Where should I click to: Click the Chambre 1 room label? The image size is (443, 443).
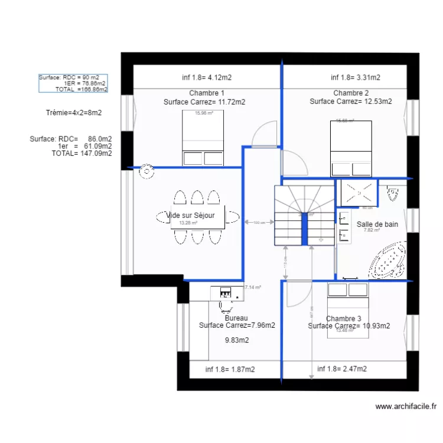(x=206, y=93)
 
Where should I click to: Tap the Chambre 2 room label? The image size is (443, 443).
(x=351, y=93)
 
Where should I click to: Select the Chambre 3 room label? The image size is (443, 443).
(x=343, y=318)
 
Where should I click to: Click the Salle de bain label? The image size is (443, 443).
(x=377, y=224)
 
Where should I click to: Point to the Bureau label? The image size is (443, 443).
(x=236, y=318)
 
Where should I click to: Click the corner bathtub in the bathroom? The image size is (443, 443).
(x=387, y=260)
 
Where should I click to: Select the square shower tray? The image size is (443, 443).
(x=357, y=192)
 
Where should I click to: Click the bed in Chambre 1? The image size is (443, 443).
(x=202, y=137)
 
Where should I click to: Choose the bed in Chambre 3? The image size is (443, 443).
(x=348, y=310)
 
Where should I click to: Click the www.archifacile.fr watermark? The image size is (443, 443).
(x=406, y=406)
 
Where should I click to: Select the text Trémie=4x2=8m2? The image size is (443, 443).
(x=74, y=113)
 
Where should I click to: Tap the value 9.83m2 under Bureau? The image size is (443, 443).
(x=237, y=340)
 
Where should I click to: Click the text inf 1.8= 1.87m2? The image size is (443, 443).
(x=230, y=369)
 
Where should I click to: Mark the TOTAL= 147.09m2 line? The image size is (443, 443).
(x=82, y=153)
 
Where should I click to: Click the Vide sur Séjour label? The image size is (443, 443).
(x=191, y=216)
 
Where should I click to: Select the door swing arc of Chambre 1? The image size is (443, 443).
(x=264, y=132)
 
